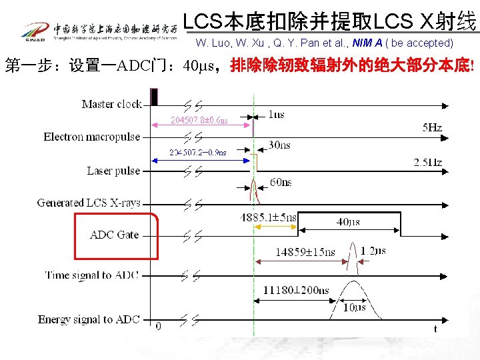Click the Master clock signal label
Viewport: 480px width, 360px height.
(111, 104)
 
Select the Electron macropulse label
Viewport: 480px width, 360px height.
(92, 137)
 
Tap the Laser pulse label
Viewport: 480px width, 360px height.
(113, 171)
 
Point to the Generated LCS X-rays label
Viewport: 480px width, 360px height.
(89, 203)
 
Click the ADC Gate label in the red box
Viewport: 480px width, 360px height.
(115, 235)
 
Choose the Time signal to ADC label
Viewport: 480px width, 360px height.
(91, 275)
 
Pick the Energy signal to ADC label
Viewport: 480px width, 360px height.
(89, 319)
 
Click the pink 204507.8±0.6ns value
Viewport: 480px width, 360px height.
(199, 121)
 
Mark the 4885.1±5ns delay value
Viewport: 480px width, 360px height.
(268, 217)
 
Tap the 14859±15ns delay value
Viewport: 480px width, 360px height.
(305, 252)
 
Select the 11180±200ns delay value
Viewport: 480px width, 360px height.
(295, 291)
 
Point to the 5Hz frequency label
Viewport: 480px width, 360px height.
(432, 127)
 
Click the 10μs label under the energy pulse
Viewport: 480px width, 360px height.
(354, 308)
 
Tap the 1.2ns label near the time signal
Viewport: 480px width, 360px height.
(373, 251)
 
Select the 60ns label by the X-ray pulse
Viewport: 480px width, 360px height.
(281, 182)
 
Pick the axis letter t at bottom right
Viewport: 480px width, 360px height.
(435, 329)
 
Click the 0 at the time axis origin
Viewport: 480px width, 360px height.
(158, 326)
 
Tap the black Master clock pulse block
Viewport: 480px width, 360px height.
(155, 97)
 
